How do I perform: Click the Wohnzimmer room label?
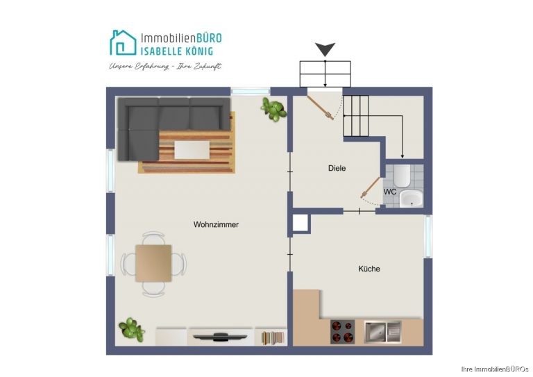216,224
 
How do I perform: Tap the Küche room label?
369,269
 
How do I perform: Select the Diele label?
337,168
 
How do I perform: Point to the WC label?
390,192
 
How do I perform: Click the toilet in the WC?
403,176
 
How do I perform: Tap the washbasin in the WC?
412,198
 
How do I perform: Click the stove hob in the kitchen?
343,331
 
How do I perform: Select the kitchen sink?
383,331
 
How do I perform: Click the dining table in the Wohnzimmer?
153,263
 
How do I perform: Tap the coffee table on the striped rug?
192,150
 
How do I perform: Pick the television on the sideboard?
220,337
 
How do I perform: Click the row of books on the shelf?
273,338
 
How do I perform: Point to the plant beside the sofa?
273,109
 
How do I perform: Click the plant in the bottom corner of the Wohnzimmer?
132,329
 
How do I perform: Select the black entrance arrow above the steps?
325,49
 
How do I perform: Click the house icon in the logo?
123,43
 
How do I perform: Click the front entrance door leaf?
320,108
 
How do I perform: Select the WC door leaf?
371,187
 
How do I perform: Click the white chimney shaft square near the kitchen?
300,223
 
